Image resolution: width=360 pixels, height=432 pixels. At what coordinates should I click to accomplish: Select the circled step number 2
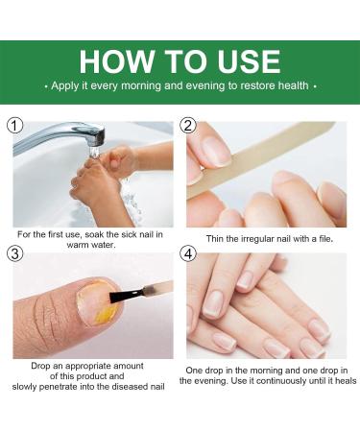tap(187, 127)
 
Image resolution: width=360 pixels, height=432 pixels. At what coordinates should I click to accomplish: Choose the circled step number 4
tap(187, 253)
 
